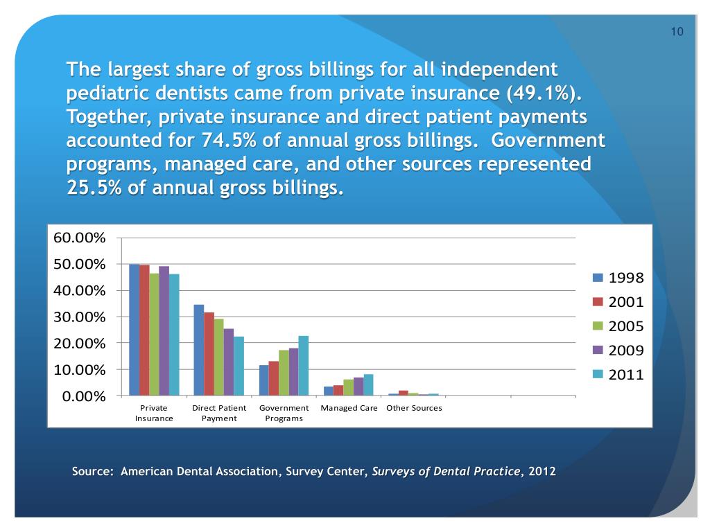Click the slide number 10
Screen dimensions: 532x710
677,32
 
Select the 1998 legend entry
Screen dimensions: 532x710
619,278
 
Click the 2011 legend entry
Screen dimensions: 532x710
619,375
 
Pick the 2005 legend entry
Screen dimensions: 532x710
619,326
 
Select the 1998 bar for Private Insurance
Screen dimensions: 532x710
134,330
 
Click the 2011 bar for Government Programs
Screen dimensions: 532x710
303,366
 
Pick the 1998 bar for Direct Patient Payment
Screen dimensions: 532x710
199,350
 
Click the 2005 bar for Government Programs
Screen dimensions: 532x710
283,373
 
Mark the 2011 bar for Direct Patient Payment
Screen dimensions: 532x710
239,366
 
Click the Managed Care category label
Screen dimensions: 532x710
349,408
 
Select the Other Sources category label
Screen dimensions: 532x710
414,408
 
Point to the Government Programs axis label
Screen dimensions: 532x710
284,413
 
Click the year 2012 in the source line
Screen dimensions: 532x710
542,472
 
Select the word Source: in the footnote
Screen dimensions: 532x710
93,472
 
